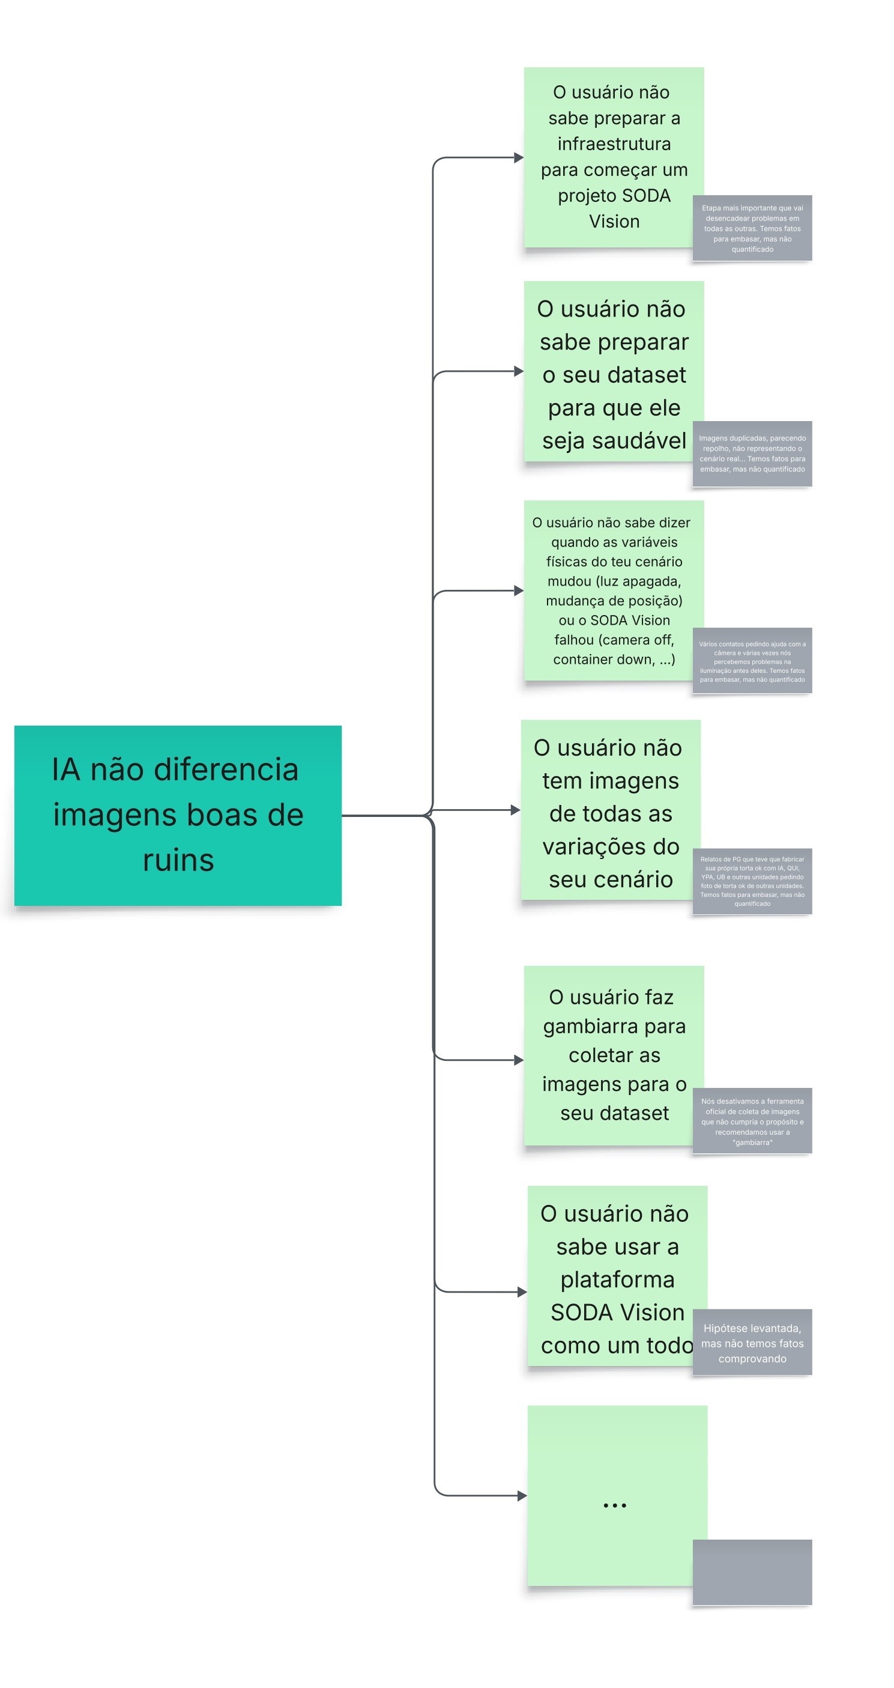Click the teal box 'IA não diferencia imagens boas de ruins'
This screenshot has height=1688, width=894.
coord(178,815)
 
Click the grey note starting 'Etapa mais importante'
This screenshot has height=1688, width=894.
coord(752,228)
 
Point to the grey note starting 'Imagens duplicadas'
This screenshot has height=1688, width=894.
coord(752,454)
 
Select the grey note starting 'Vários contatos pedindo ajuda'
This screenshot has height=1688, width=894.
coord(752,661)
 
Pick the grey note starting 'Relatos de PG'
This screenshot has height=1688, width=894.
coord(752,881)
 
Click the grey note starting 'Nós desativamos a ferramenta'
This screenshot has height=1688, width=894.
coord(752,1120)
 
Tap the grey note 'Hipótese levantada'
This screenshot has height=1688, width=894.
coord(752,1342)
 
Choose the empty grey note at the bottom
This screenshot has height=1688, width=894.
coord(752,1571)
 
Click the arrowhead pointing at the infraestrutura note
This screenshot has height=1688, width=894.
coord(519,158)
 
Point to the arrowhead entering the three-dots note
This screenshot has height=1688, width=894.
coord(522,1495)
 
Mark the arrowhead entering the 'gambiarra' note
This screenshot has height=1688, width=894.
coord(519,1060)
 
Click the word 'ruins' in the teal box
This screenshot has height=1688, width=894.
coord(178,860)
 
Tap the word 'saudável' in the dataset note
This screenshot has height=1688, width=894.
coord(639,440)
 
